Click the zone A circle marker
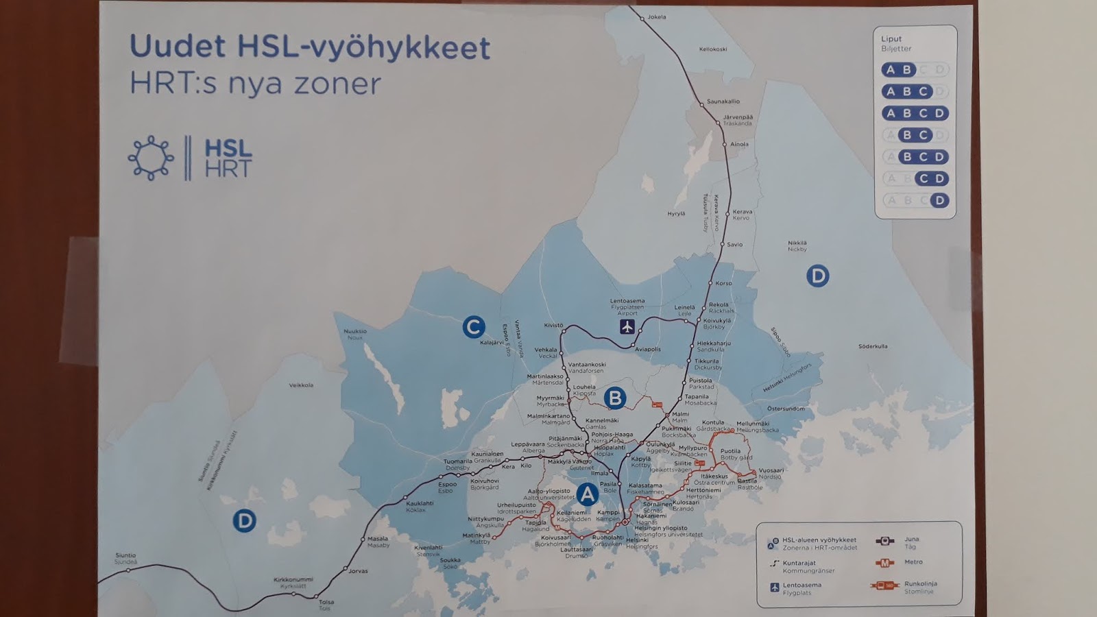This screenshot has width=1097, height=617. [x=587, y=494]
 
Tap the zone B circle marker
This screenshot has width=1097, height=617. [x=615, y=398]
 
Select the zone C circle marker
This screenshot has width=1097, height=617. [x=473, y=327]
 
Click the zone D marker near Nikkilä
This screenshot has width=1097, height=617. [x=817, y=276]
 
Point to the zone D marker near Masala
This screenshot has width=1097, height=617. [x=244, y=521]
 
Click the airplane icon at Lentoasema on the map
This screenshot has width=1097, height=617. [x=627, y=326]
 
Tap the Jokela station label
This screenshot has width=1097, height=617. [x=656, y=17]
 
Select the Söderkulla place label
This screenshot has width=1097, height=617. [x=873, y=346]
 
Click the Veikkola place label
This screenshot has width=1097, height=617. [x=301, y=385]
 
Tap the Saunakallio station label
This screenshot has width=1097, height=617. [x=723, y=101]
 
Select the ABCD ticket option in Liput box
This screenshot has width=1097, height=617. [x=915, y=113]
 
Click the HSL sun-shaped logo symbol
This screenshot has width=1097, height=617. [x=151, y=158]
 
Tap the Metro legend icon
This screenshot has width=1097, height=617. [x=884, y=563]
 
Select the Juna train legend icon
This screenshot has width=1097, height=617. [x=884, y=541]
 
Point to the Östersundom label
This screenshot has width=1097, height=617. [x=786, y=409]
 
